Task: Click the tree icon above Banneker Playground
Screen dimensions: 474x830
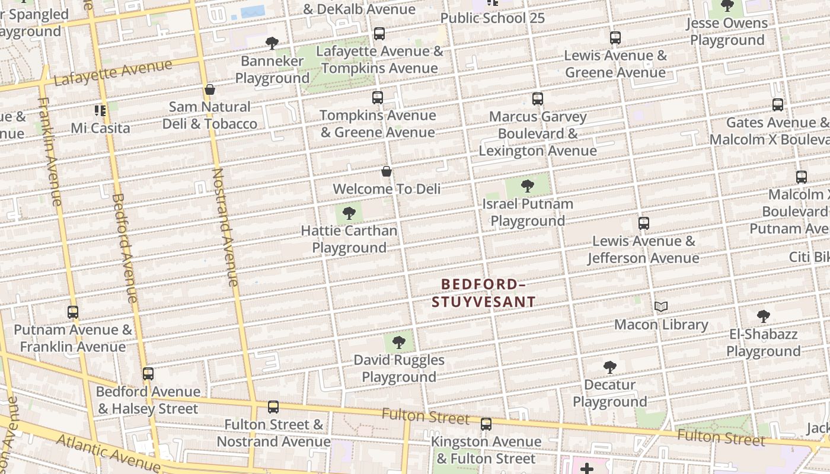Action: coord(272,43)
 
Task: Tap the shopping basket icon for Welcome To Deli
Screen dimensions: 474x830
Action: coord(387,172)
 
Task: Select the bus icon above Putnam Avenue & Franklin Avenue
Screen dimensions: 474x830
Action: coord(73,312)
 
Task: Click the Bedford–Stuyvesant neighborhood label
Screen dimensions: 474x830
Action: coord(483,293)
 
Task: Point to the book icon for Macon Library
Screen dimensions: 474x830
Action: coord(661,307)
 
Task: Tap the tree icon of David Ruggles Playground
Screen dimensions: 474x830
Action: coord(399,342)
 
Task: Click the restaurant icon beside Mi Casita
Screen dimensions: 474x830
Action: coord(100,111)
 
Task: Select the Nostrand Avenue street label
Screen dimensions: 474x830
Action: coord(226,228)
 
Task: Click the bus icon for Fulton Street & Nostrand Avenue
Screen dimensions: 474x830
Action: coord(273,407)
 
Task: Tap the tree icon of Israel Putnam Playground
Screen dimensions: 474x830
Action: coord(527,187)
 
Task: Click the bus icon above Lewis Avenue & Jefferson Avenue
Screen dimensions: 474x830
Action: coord(644,223)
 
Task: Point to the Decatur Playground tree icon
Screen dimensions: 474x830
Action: coord(609,367)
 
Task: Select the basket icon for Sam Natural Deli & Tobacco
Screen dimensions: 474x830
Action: coord(209,90)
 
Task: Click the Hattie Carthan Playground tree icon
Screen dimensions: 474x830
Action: coord(349,213)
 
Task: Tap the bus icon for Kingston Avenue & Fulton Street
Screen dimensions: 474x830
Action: coord(486,424)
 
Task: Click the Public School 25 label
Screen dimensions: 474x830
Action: coord(492,18)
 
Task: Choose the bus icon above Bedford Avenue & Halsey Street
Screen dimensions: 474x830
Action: coord(148,374)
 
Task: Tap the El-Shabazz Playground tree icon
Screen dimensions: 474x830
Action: coord(764,316)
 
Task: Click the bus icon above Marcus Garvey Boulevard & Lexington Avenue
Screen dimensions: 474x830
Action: coord(538,99)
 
